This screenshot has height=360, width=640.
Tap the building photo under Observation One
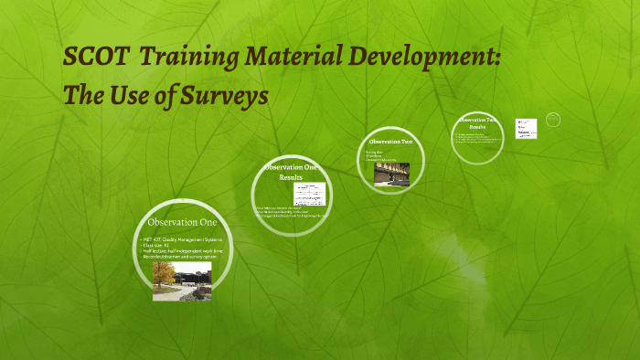[182, 282]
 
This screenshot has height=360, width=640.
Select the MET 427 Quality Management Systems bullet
[184, 239]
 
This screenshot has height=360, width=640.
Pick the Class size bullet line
[158, 246]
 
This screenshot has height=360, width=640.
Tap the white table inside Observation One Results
[310, 194]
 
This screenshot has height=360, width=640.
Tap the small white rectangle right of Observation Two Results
[526, 128]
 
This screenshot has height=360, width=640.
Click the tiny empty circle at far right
[553, 119]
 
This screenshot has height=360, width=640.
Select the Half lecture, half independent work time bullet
[182, 251]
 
